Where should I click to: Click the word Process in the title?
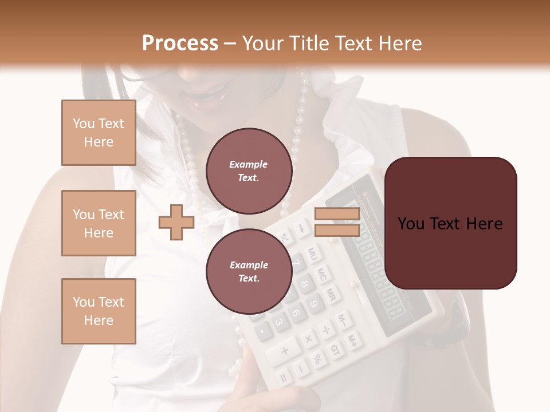coord(180,43)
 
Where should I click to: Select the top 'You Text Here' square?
coord(99,133)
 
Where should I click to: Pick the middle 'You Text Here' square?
coord(99,223)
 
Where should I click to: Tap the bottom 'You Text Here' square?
coord(99,311)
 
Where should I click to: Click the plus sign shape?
coord(176,223)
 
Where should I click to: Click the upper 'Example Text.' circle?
coord(249,171)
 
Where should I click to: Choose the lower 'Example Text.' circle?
coord(249,271)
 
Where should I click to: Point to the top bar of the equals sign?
coord(337,214)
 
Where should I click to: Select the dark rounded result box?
coord(450,223)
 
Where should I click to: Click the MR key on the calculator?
coord(331,294)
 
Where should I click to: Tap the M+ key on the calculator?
coord(353,342)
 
